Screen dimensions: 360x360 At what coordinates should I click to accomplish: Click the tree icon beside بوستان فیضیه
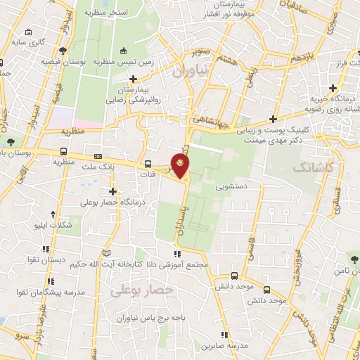point(63,50)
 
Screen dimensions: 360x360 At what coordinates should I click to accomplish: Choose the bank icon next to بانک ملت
point(97,157)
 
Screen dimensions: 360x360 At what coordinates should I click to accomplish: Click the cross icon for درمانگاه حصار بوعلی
point(112,191)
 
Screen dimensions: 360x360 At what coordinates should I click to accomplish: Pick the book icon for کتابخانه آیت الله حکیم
point(105,253)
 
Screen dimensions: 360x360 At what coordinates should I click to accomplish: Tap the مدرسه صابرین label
point(224,346)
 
